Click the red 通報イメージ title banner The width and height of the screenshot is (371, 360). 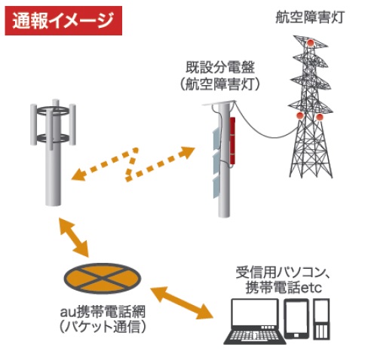pyautogui.click(x=63, y=20)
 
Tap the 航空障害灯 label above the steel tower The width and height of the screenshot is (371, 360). pyautogui.click(x=310, y=17)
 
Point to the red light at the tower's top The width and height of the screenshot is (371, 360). pyautogui.click(x=311, y=43)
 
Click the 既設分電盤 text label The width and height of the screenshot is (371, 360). pyautogui.click(x=220, y=67)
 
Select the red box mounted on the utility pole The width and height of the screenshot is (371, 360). pyautogui.click(x=232, y=140)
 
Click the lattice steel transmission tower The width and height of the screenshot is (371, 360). pyautogui.click(x=311, y=107)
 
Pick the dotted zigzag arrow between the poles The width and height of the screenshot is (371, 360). pyautogui.click(x=133, y=163)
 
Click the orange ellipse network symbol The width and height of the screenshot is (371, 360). pyautogui.click(x=103, y=278)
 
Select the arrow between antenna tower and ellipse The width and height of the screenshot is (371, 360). pyautogui.click(x=74, y=237)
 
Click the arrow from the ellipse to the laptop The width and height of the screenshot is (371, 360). pyautogui.click(x=182, y=303)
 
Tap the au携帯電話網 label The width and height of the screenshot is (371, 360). pyautogui.click(x=103, y=312)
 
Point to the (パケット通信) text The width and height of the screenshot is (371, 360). pyautogui.click(x=103, y=326)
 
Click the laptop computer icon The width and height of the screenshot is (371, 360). pyautogui.click(x=255, y=322)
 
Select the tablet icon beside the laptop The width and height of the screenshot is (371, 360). pyautogui.click(x=296, y=319)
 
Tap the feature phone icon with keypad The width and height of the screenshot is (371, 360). pyautogui.click(x=322, y=319)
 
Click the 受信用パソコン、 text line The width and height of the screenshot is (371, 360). pyautogui.click(x=283, y=273)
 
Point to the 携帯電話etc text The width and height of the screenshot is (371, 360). pyautogui.click(x=284, y=288)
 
